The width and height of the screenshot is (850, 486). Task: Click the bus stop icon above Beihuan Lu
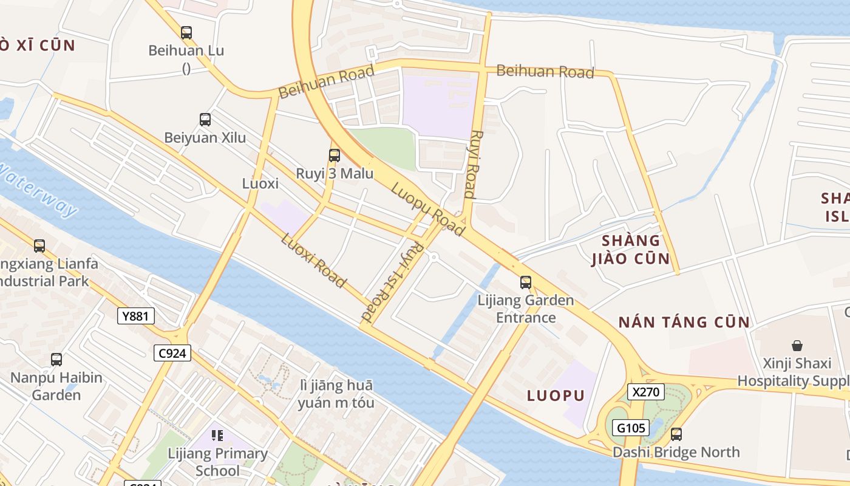(186, 33)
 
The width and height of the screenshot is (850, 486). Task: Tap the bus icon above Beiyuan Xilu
(205, 120)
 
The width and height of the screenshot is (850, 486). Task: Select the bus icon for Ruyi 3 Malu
(334, 155)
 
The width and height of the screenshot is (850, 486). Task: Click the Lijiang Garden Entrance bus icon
(526, 282)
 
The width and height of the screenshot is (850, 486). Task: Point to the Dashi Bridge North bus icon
(676, 434)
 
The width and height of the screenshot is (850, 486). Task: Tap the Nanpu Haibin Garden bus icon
(56, 360)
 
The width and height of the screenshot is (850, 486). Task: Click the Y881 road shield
(136, 315)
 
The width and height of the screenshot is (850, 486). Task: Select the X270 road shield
(646, 392)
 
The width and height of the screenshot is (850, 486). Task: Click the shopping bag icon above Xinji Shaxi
(797, 346)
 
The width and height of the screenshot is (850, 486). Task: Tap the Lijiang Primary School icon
(217, 435)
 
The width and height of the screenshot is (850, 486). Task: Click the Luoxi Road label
(313, 260)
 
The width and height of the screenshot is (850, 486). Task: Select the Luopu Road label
(428, 210)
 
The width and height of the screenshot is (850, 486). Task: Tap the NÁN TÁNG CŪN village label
(684, 322)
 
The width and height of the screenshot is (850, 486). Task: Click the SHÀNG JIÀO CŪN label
(630, 249)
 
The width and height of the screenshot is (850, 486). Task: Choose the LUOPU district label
(556, 395)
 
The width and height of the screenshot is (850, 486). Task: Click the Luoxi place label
(260, 183)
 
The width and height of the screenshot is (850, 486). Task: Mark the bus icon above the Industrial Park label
(39, 246)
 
